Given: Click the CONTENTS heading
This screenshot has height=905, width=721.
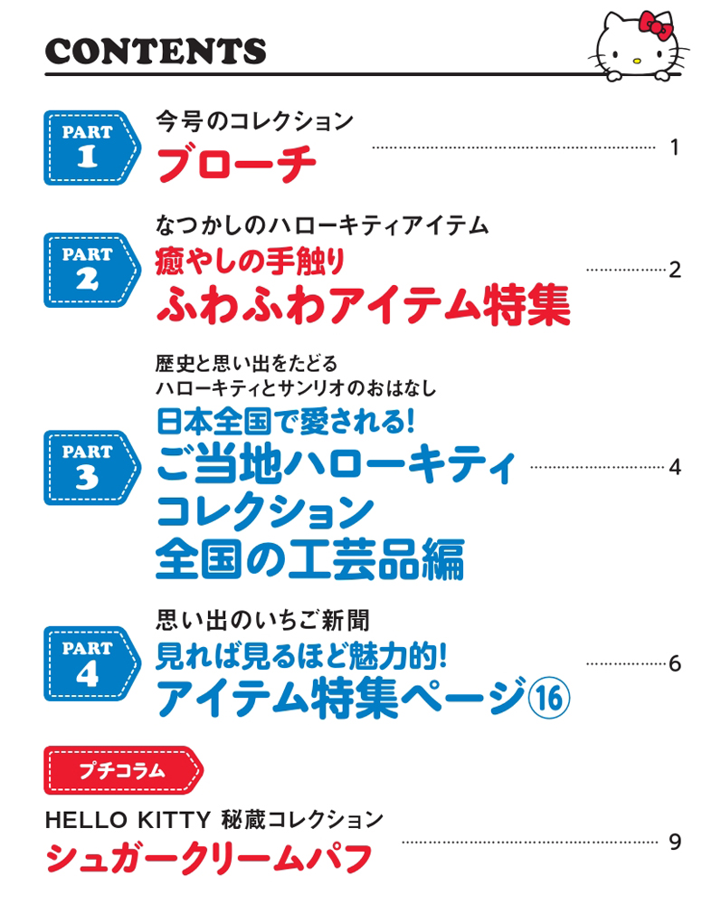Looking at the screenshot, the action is pyautogui.click(x=156, y=51).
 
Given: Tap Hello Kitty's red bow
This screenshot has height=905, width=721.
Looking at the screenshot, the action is pyautogui.click(x=655, y=25).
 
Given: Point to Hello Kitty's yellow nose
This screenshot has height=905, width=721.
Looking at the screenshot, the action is pyautogui.click(x=636, y=60).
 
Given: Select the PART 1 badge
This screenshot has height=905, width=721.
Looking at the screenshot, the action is pyautogui.click(x=92, y=148).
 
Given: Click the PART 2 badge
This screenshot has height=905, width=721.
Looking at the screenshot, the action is pyautogui.click(x=92, y=270).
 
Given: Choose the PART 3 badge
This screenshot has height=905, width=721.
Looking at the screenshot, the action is pyautogui.click(x=92, y=468).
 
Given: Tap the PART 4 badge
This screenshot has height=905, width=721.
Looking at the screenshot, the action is pyautogui.click(x=92, y=663).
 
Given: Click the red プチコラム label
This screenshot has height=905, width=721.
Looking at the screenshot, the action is pyautogui.click(x=123, y=770).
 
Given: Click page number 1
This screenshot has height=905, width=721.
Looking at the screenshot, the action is pyautogui.click(x=674, y=148).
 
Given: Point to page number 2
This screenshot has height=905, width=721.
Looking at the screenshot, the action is pyautogui.click(x=675, y=270).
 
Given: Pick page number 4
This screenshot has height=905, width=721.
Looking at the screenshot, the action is pyautogui.click(x=675, y=467).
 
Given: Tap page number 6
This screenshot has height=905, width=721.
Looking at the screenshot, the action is pyautogui.click(x=675, y=663).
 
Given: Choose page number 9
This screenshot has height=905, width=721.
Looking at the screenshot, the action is pyautogui.click(x=675, y=842).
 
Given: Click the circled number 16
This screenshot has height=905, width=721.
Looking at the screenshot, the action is pyautogui.click(x=549, y=698).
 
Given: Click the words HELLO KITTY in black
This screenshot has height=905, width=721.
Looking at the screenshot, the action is pyautogui.click(x=128, y=820).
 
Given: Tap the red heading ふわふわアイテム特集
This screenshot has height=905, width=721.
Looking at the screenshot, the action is pyautogui.click(x=364, y=304).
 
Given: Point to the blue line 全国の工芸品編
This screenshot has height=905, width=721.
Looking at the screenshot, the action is pyautogui.click(x=310, y=559).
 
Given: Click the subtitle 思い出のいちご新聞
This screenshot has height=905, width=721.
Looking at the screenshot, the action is pyautogui.click(x=263, y=621).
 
